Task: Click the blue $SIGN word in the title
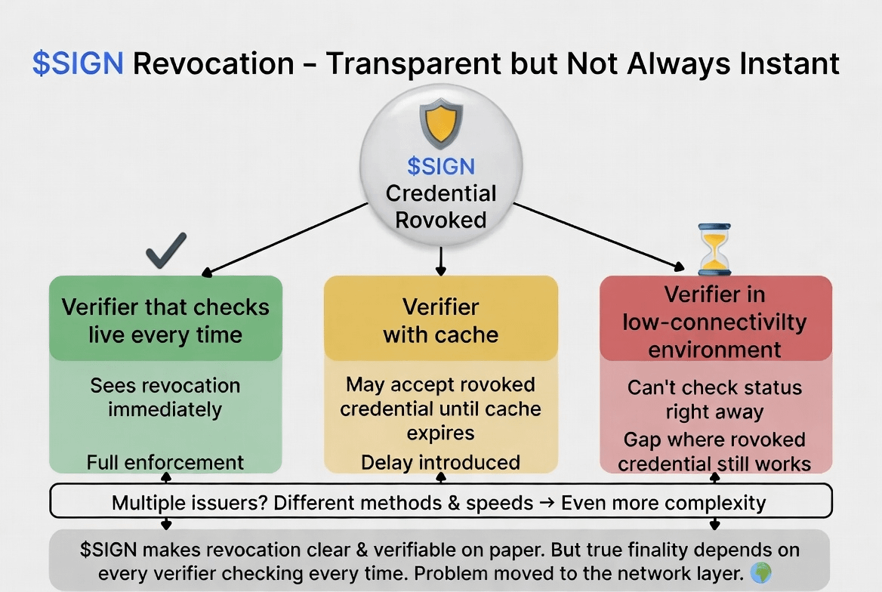click(77, 63)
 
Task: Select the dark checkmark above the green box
click(166, 251)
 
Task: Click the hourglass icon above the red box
click(714, 248)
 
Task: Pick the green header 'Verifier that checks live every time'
click(165, 320)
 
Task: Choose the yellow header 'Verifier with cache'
click(441, 320)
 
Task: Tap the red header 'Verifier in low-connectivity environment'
click(715, 322)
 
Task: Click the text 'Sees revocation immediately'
click(165, 397)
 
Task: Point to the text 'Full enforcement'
click(165, 461)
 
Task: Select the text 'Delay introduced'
click(440, 461)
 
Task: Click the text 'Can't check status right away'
click(714, 400)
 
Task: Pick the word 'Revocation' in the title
click(213, 63)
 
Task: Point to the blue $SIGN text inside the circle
click(441, 165)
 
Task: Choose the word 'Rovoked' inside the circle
click(441, 220)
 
